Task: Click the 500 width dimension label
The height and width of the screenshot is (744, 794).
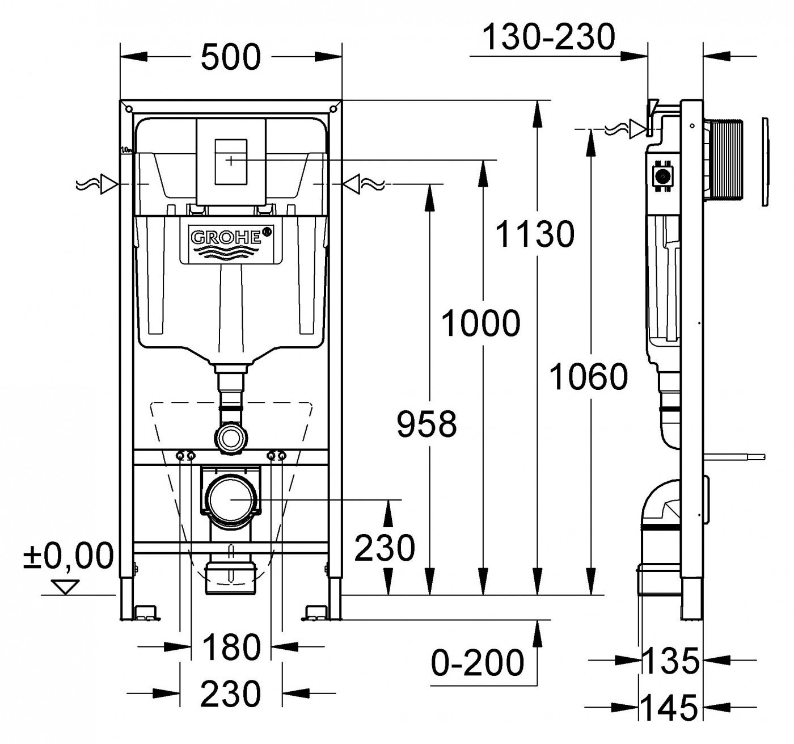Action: point(231,57)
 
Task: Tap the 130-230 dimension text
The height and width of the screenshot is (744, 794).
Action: point(548,37)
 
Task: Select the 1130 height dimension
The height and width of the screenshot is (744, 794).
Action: point(534,234)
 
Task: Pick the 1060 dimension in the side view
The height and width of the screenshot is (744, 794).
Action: point(589,377)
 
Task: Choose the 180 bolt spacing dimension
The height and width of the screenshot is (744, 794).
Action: point(231,648)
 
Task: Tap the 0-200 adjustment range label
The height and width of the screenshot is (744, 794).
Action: point(478,662)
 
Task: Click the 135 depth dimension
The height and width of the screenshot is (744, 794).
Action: point(670,661)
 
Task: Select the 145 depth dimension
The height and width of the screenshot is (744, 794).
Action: point(669,708)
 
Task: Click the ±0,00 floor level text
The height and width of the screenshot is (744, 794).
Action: point(69,556)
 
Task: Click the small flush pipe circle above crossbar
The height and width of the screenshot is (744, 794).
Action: point(231,439)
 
